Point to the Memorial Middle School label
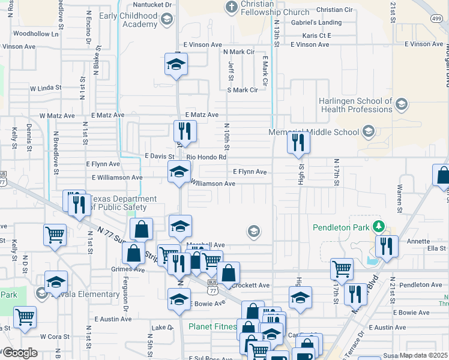pos(315,131)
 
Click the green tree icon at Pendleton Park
pos(378,227)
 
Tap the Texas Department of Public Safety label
pos(118,203)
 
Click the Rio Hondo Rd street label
pos(206,157)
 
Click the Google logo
pos(20,353)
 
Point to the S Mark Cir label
pos(242,90)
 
